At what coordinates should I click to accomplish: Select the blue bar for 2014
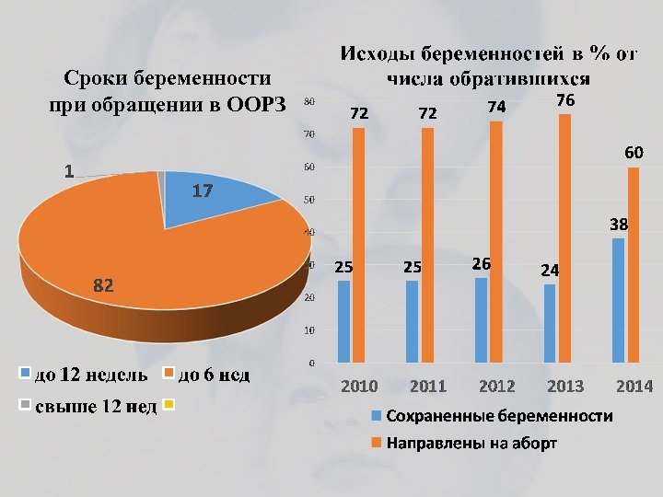(x=618, y=300)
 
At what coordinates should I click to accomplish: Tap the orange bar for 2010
(x=358, y=245)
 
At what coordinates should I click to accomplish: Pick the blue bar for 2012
(x=481, y=319)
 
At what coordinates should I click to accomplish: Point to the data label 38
(x=619, y=224)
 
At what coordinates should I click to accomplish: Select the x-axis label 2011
(x=427, y=386)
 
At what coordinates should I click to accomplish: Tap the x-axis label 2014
(x=634, y=386)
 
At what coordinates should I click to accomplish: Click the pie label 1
(x=69, y=171)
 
